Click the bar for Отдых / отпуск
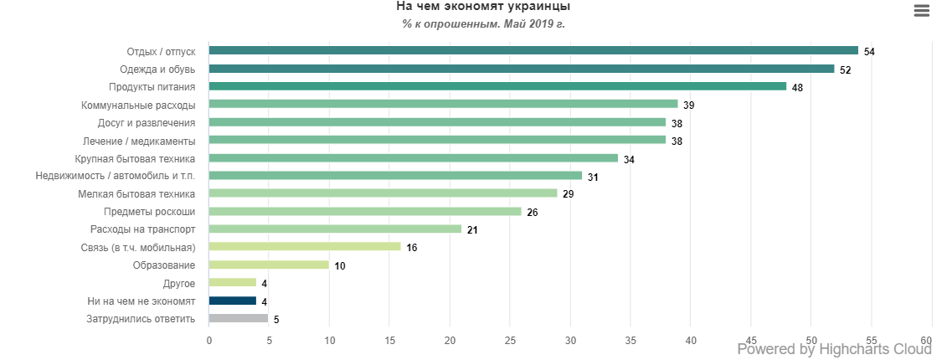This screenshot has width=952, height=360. (x=533, y=51)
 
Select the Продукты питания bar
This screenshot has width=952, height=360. (x=497, y=86)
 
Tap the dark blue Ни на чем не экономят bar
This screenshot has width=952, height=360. (x=233, y=301)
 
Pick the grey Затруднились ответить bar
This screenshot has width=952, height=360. (x=239, y=318)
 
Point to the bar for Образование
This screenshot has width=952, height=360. (x=269, y=265)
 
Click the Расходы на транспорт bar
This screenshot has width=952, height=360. (x=335, y=229)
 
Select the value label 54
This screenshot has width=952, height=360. (x=869, y=52)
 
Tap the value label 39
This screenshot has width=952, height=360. (x=688, y=105)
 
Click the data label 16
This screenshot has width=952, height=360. (x=411, y=248)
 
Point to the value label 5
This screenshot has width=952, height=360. (x=275, y=319)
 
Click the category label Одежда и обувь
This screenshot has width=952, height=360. (x=157, y=69)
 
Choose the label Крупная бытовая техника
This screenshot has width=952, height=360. (x=135, y=158)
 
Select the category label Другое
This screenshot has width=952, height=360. (x=179, y=283)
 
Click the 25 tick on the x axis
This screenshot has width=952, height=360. (x=510, y=340)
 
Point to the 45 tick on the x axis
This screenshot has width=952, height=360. (x=751, y=340)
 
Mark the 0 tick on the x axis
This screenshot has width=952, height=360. (x=209, y=340)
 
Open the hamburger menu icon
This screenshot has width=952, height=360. (x=922, y=11)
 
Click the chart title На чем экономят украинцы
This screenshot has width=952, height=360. (x=483, y=7)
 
